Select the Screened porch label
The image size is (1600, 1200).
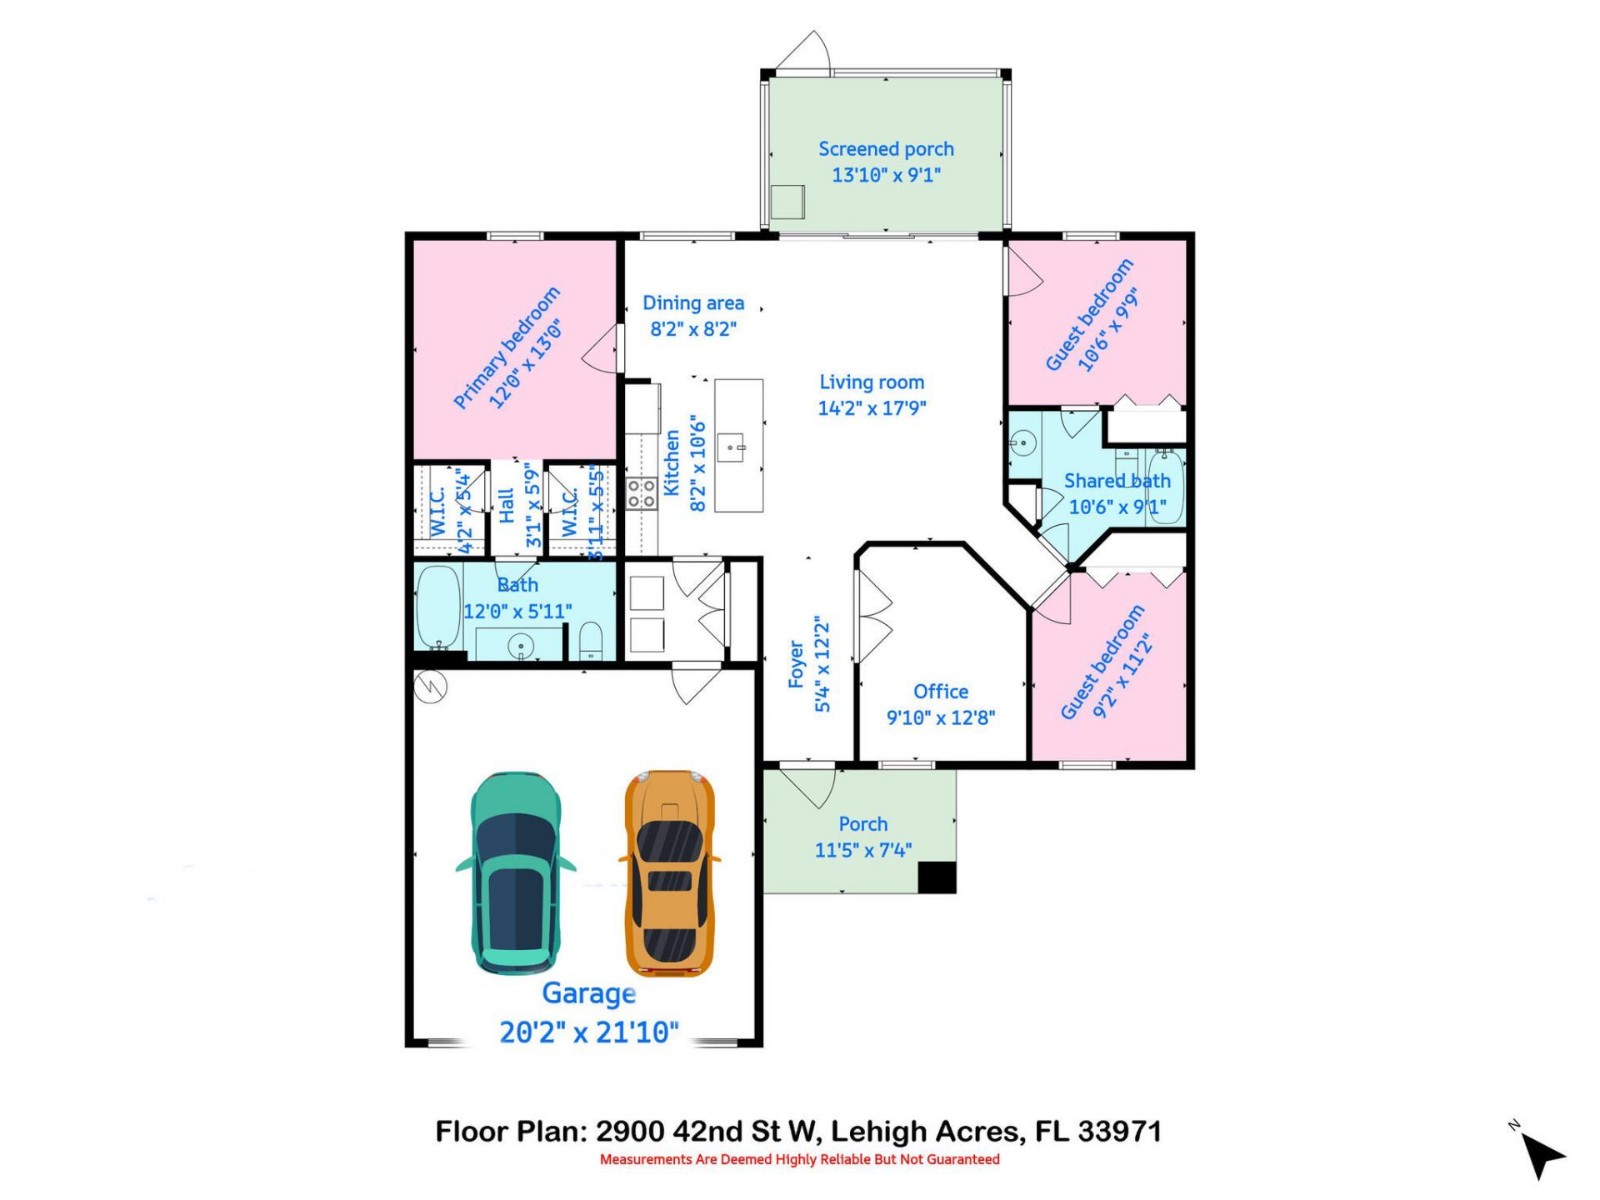pos(886,149)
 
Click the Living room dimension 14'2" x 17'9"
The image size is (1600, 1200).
pos(872,408)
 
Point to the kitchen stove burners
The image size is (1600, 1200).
pos(641,492)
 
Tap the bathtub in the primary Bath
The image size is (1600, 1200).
pos(438,607)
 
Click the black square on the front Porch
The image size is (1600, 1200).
pos(937,877)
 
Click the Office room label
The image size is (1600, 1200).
pos(940,692)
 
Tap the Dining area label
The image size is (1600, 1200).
pos(692,303)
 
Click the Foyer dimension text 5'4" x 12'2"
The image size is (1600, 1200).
pos(822,665)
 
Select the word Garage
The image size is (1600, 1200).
pos(588,993)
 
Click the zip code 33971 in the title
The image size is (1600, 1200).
pos(1119,1132)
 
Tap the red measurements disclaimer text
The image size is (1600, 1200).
pos(799,1159)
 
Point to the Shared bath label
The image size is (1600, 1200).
pos(1117,481)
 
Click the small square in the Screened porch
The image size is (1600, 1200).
pos(787,202)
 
